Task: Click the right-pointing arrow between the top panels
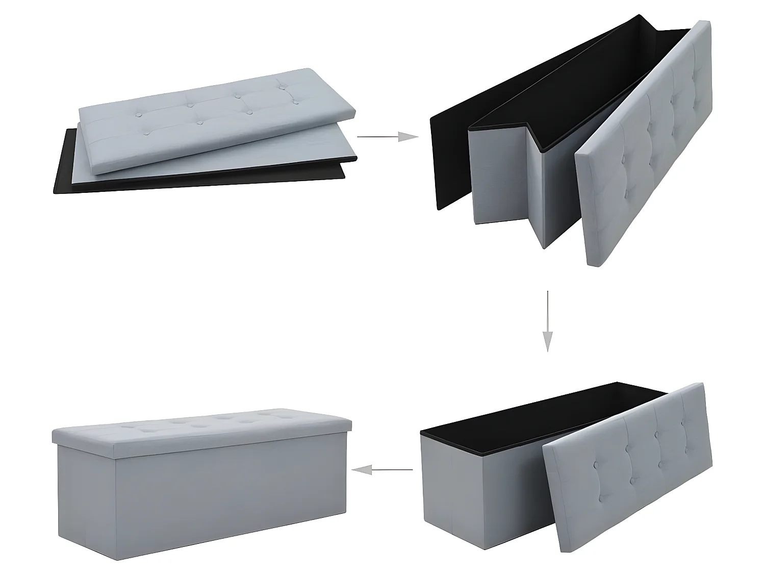(388, 137)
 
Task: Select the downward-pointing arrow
(547, 321)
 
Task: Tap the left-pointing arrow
(382, 470)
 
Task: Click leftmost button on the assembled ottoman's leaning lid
(595, 465)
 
